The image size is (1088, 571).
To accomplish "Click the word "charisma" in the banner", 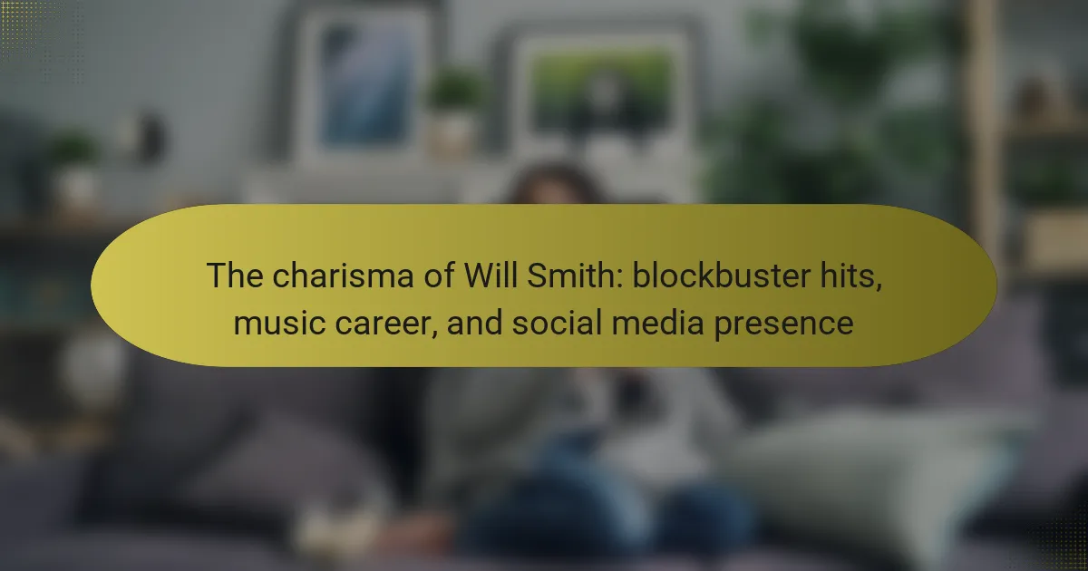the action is [x=343, y=276].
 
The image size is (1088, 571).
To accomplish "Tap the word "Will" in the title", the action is [x=491, y=275].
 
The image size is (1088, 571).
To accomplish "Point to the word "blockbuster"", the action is [x=722, y=275].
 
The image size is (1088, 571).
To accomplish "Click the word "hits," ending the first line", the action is [x=851, y=276].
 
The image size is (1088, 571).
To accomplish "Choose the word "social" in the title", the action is [x=557, y=323].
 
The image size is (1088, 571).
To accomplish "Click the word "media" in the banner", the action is [x=657, y=323].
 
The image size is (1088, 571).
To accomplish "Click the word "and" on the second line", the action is [x=474, y=323].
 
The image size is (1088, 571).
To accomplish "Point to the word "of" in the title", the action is [x=439, y=276].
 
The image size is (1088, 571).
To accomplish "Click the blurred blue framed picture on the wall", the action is [x=364, y=85].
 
